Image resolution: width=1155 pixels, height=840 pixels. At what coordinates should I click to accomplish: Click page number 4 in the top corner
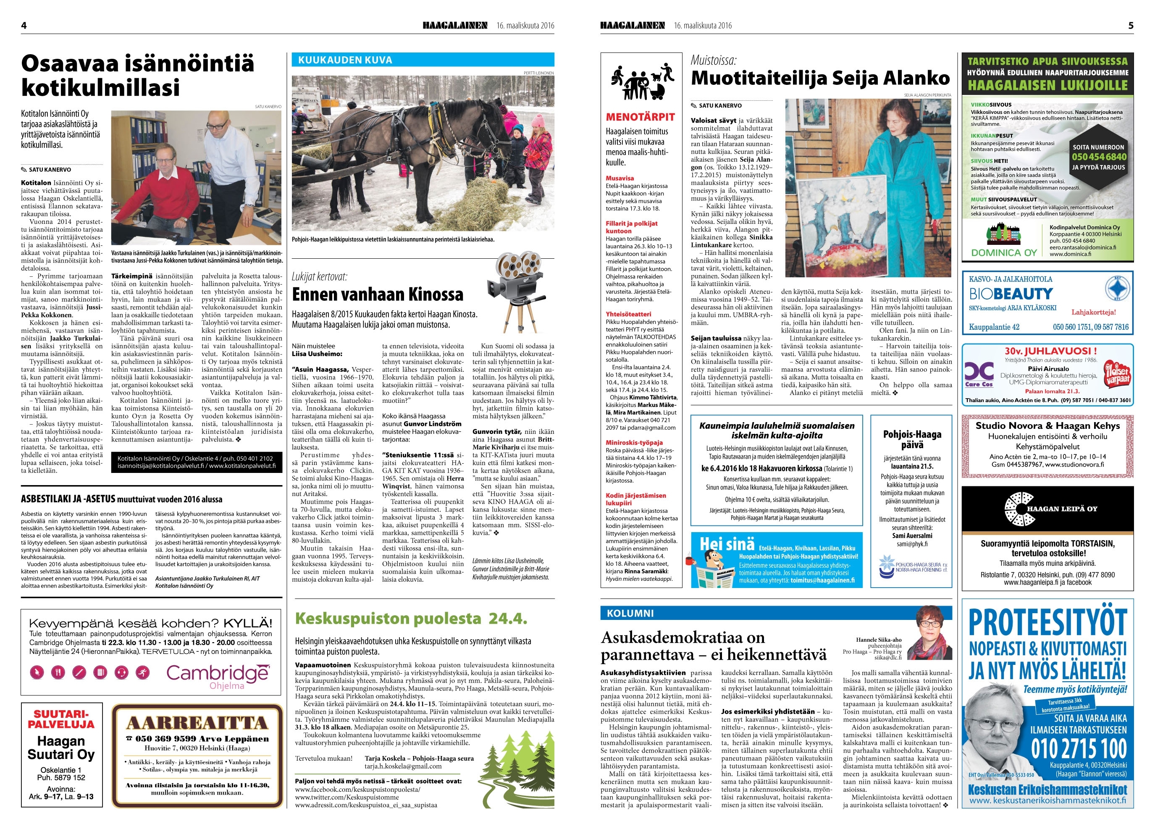tap(24, 26)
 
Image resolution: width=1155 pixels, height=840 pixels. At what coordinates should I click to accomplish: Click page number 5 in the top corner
tap(1131, 26)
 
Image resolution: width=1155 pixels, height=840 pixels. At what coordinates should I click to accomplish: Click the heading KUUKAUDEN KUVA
tap(345, 60)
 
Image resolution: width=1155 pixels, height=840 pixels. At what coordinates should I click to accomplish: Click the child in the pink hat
tap(538, 148)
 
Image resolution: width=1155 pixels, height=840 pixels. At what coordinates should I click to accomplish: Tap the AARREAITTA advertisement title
tap(197, 723)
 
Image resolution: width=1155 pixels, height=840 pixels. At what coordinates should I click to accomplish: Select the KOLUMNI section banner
tap(630, 613)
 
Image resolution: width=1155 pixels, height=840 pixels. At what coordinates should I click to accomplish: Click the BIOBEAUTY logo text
tap(1011, 294)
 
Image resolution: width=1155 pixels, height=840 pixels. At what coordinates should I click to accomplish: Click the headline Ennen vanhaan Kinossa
tap(377, 294)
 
